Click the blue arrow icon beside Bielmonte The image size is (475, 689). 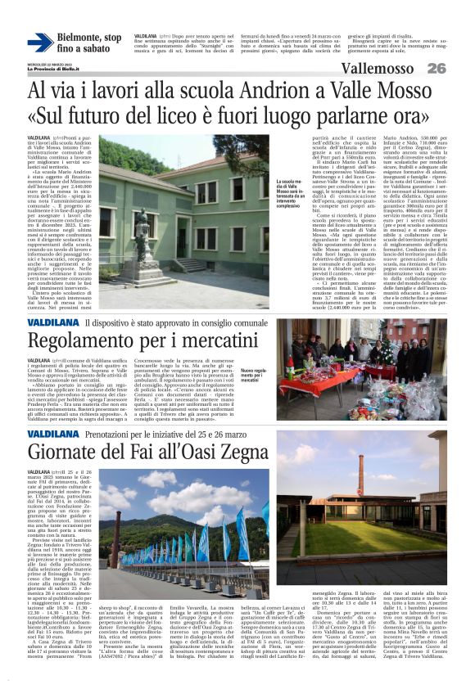[x=40, y=43]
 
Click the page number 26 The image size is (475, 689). [x=436, y=68]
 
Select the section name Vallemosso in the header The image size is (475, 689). [x=382, y=68]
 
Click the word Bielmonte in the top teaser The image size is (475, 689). [x=89, y=38]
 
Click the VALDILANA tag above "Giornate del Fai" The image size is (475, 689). [x=53, y=433]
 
